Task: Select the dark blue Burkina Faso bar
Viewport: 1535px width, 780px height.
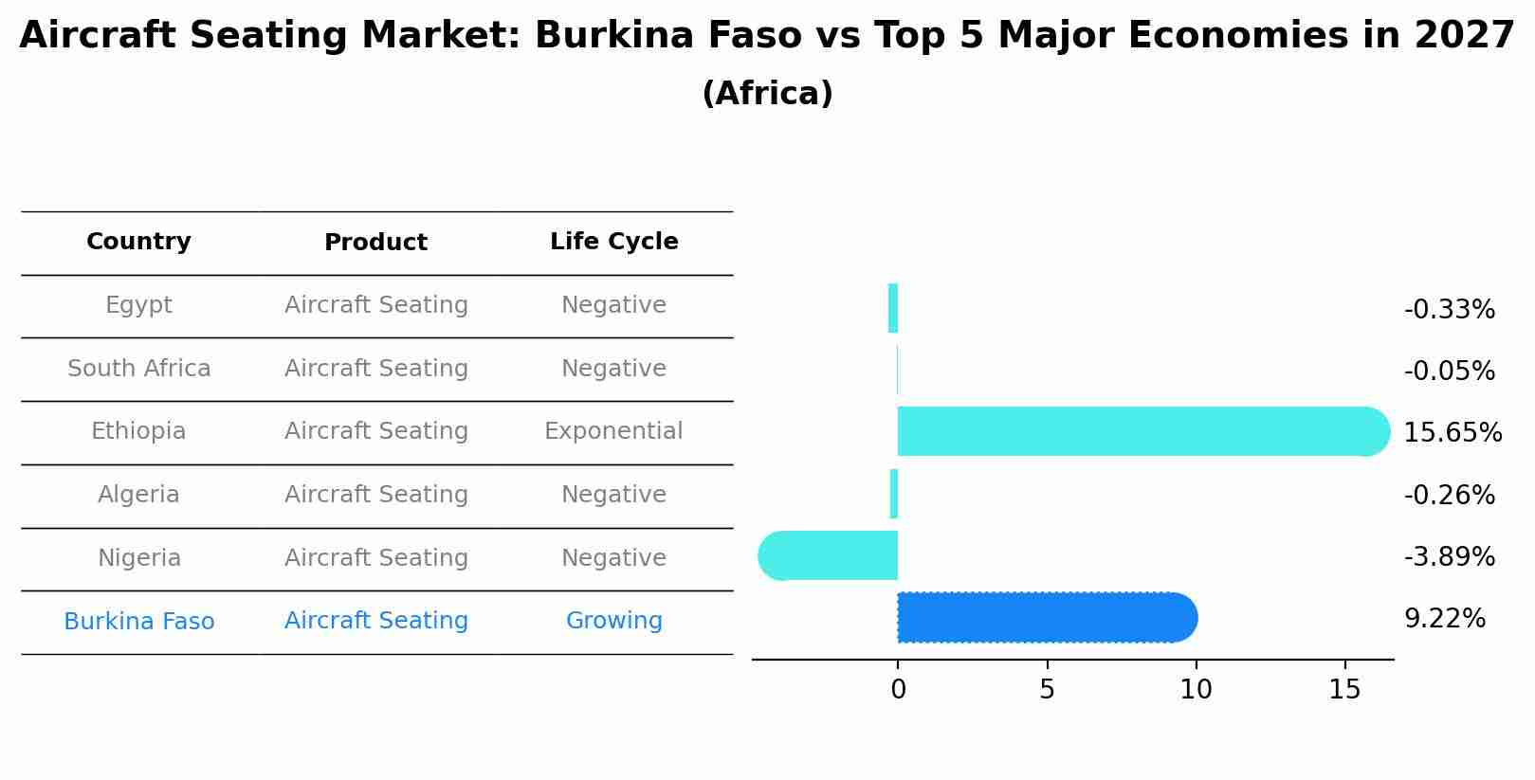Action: [x=1043, y=618]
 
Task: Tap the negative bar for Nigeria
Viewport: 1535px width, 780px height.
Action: [x=830, y=555]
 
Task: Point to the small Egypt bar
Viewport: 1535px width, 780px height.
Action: [x=893, y=308]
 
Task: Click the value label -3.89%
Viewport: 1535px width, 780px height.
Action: [x=1449, y=556]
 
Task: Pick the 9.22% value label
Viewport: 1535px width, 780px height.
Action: [x=1444, y=619]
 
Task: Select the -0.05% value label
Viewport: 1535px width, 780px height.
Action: [x=1449, y=371]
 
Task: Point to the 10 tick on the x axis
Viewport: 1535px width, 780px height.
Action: [x=1196, y=690]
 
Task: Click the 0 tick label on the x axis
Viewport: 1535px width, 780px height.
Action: [x=898, y=690]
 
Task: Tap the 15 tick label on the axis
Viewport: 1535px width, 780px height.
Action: [x=1344, y=690]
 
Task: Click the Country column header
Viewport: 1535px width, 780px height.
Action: [x=138, y=242]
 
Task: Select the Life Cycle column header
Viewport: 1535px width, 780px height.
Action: [x=613, y=242]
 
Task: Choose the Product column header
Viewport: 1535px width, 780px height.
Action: [x=375, y=243]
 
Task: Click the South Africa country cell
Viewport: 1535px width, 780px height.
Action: [x=138, y=369]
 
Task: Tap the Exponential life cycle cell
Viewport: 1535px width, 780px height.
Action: [x=613, y=431]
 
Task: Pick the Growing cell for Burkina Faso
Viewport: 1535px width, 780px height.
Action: [x=613, y=621]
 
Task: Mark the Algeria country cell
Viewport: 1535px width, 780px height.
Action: [x=138, y=495]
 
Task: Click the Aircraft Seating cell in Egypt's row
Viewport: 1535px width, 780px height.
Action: [x=375, y=305]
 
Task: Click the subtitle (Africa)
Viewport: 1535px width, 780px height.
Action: [x=767, y=94]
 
